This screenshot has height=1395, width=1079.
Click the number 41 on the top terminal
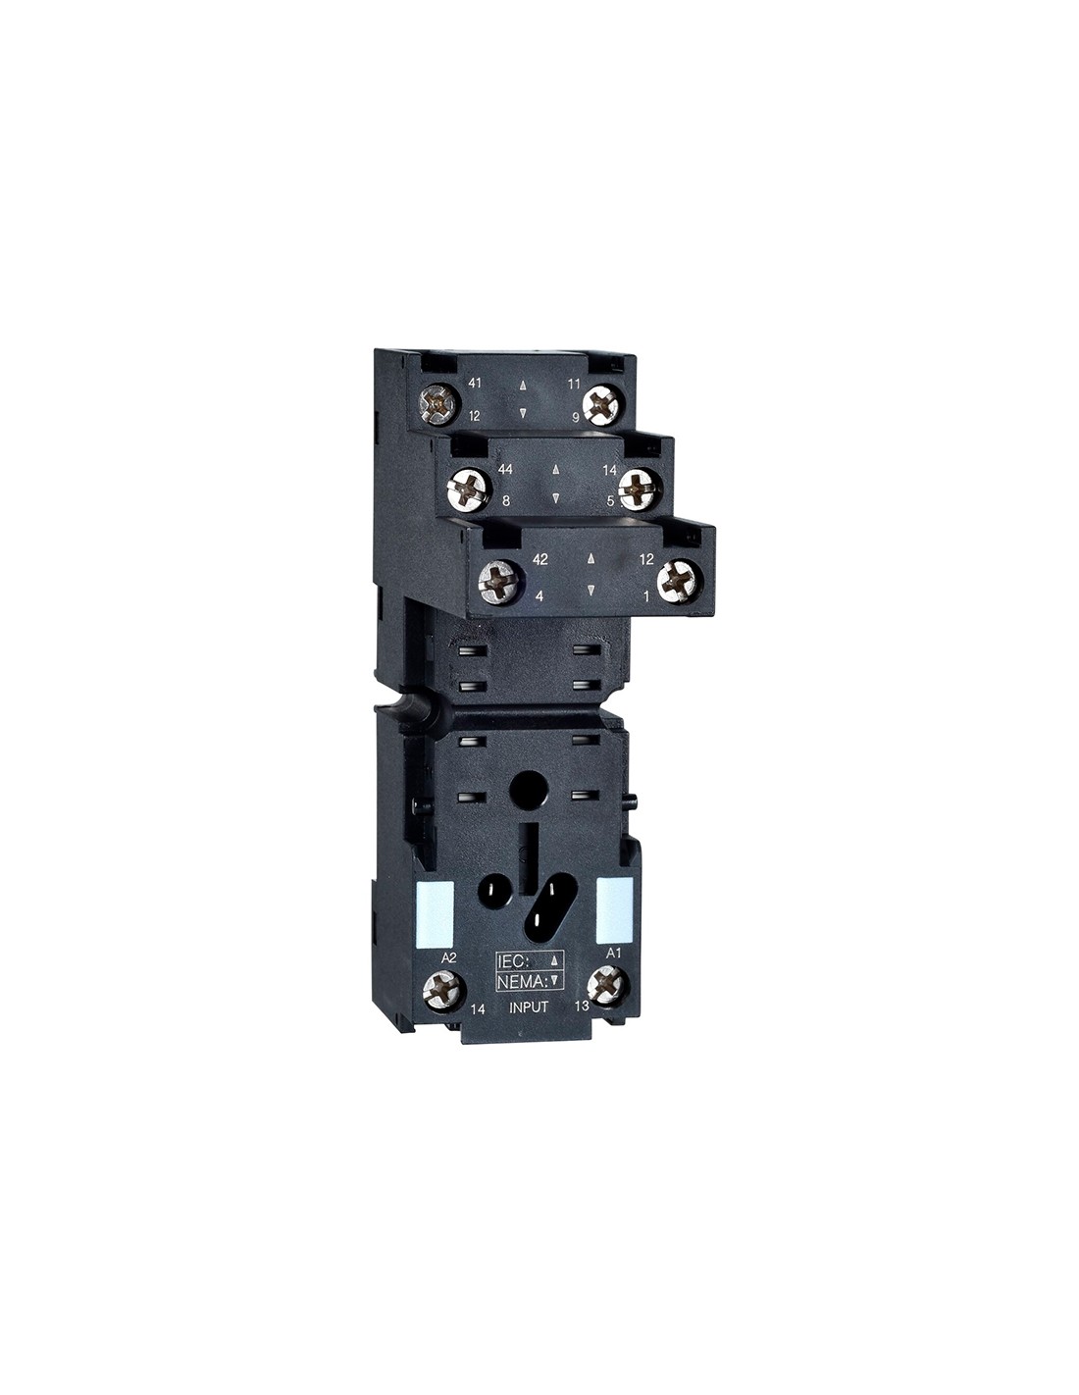tap(475, 384)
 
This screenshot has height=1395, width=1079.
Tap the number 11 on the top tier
tap(574, 384)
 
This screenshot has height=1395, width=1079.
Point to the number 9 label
tap(576, 417)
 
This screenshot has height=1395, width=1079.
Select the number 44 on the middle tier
tap(506, 469)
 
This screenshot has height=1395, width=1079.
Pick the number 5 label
tap(610, 500)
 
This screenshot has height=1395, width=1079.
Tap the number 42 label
tap(540, 560)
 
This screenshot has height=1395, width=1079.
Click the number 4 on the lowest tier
tap(539, 596)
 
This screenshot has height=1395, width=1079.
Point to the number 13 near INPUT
tap(583, 1006)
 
